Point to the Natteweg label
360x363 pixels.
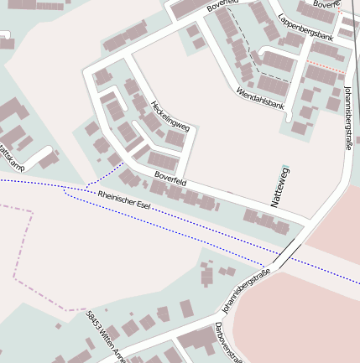[280, 187]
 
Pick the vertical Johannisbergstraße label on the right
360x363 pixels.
[348, 118]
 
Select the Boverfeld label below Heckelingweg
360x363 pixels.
[170, 178]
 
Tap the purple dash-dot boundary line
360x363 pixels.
[25, 252]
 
